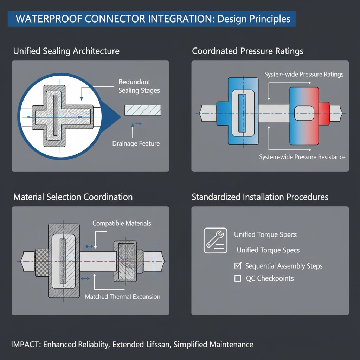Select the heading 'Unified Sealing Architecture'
(x=66, y=51)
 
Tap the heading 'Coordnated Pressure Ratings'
(x=247, y=51)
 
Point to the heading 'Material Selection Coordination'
(x=73, y=197)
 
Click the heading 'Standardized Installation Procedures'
(x=260, y=197)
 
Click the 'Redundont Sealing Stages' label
(x=139, y=86)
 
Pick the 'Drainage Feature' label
(x=136, y=143)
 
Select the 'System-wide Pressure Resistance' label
(x=302, y=157)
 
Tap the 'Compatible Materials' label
(x=122, y=223)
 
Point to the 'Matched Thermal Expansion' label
(x=122, y=297)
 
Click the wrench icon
(x=215, y=241)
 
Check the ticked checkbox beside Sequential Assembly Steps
(x=238, y=266)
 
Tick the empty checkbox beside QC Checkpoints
(x=238, y=278)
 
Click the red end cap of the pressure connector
(x=324, y=113)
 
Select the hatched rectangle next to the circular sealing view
(x=143, y=110)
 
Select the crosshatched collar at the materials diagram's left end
(x=41, y=261)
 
